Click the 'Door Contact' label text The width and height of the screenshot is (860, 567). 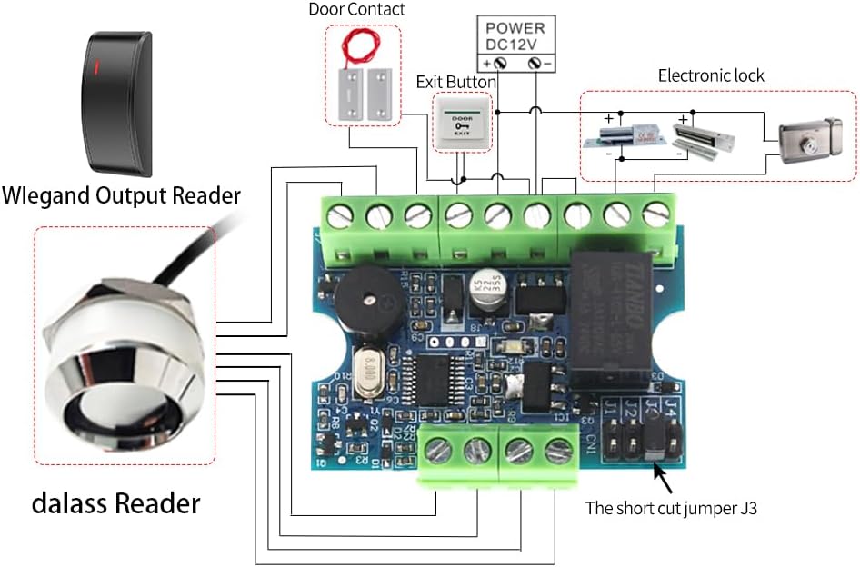coord(356,10)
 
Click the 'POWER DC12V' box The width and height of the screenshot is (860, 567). coord(516,35)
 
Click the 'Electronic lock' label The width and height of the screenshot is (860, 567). coord(711,75)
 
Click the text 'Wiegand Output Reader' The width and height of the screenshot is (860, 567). coord(121,194)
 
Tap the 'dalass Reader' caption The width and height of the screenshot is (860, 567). coord(115,502)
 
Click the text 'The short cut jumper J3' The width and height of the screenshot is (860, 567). coord(671,509)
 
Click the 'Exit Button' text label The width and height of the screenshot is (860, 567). coord(456,82)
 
